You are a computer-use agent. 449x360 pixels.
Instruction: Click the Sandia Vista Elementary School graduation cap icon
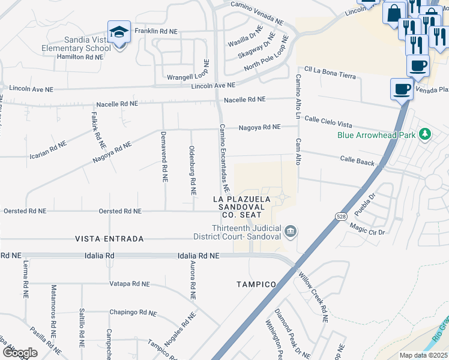(x=119, y=32)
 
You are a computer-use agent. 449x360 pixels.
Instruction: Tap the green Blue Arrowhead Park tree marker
(x=426, y=134)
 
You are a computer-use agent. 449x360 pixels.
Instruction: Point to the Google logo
(x=20, y=352)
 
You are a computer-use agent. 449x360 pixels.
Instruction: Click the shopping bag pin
(x=394, y=13)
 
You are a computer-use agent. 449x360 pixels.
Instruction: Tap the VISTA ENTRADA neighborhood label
(x=109, y=239)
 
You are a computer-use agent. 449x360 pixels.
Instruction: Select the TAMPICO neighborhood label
(x=256, y=284)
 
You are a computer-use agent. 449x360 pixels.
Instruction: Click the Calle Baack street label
(x=357, y=161)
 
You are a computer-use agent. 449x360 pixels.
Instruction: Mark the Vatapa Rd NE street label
(x=130, y=284)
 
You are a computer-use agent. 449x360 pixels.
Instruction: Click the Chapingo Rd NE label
(x=133, y=313)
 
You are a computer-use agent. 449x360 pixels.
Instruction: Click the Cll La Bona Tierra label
(x=330, y=73)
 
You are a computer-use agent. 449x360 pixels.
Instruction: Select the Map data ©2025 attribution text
(x=423, y=355)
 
